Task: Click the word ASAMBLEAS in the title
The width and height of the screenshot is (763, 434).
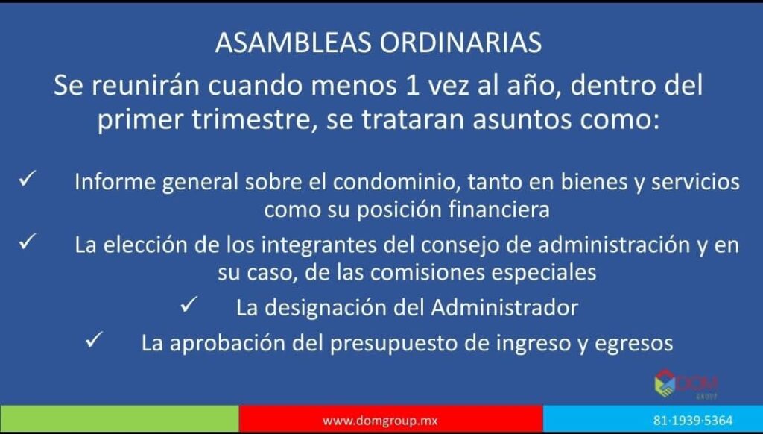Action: click(x=294, y=43)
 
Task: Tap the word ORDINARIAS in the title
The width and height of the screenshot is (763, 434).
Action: click(x=460, y=43)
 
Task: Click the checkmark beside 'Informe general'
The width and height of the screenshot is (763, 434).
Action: click(x=26, y=180)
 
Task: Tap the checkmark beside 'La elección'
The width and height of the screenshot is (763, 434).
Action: click(x=26, y=242)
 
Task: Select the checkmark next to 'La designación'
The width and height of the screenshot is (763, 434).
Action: click(x=188, y=306)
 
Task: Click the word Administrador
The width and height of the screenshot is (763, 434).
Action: click(x=504, y=308)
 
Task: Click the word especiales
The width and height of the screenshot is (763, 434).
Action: click(x=544, y=273)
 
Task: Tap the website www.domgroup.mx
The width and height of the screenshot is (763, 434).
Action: click(x=380, y=420)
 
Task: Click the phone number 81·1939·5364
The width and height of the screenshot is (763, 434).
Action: click(x=693, y=420)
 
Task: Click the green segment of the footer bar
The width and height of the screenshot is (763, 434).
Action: click(x=119, y=418)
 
